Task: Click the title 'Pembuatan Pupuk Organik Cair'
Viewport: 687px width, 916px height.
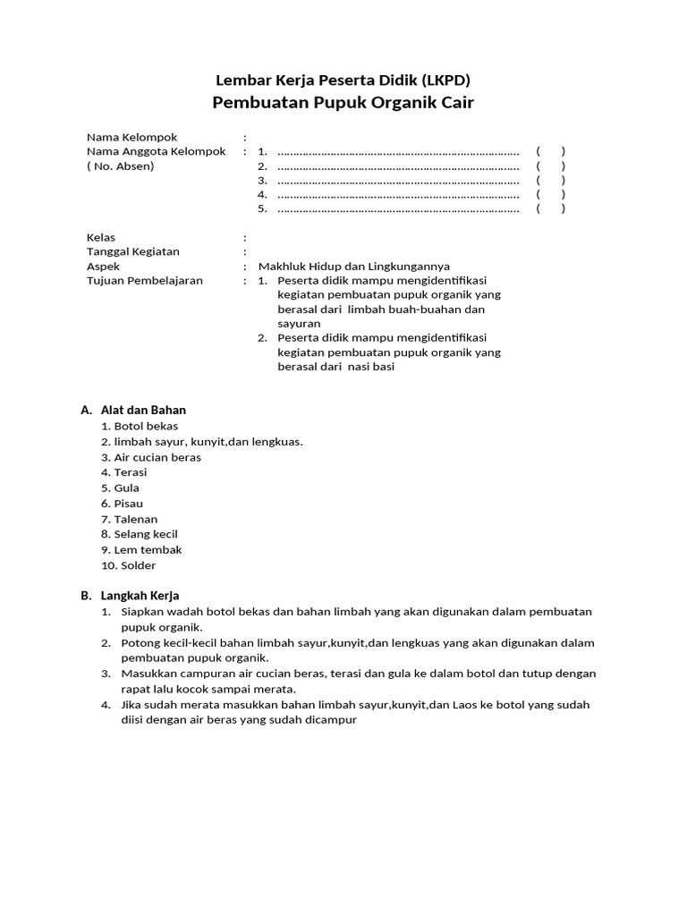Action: coord(343,103)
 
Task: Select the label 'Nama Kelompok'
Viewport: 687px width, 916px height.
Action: coord(131,137)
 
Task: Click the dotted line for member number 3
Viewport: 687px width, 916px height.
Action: coord(398,181)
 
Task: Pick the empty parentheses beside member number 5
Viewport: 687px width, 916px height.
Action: coord(550,209)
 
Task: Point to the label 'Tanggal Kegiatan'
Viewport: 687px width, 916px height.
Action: coord(133,252)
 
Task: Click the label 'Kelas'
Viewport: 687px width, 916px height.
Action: coord(101,238)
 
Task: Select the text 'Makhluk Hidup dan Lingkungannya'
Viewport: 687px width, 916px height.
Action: coord(354,267)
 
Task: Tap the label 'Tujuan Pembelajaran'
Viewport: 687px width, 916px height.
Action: coord(145,281)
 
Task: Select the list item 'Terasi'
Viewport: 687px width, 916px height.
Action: coord(130,472)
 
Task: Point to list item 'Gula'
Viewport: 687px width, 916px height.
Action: coord(126,488)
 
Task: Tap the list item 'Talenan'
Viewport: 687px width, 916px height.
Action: coord(135,519)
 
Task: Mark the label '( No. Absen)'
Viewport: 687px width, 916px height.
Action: coord(120,166)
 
